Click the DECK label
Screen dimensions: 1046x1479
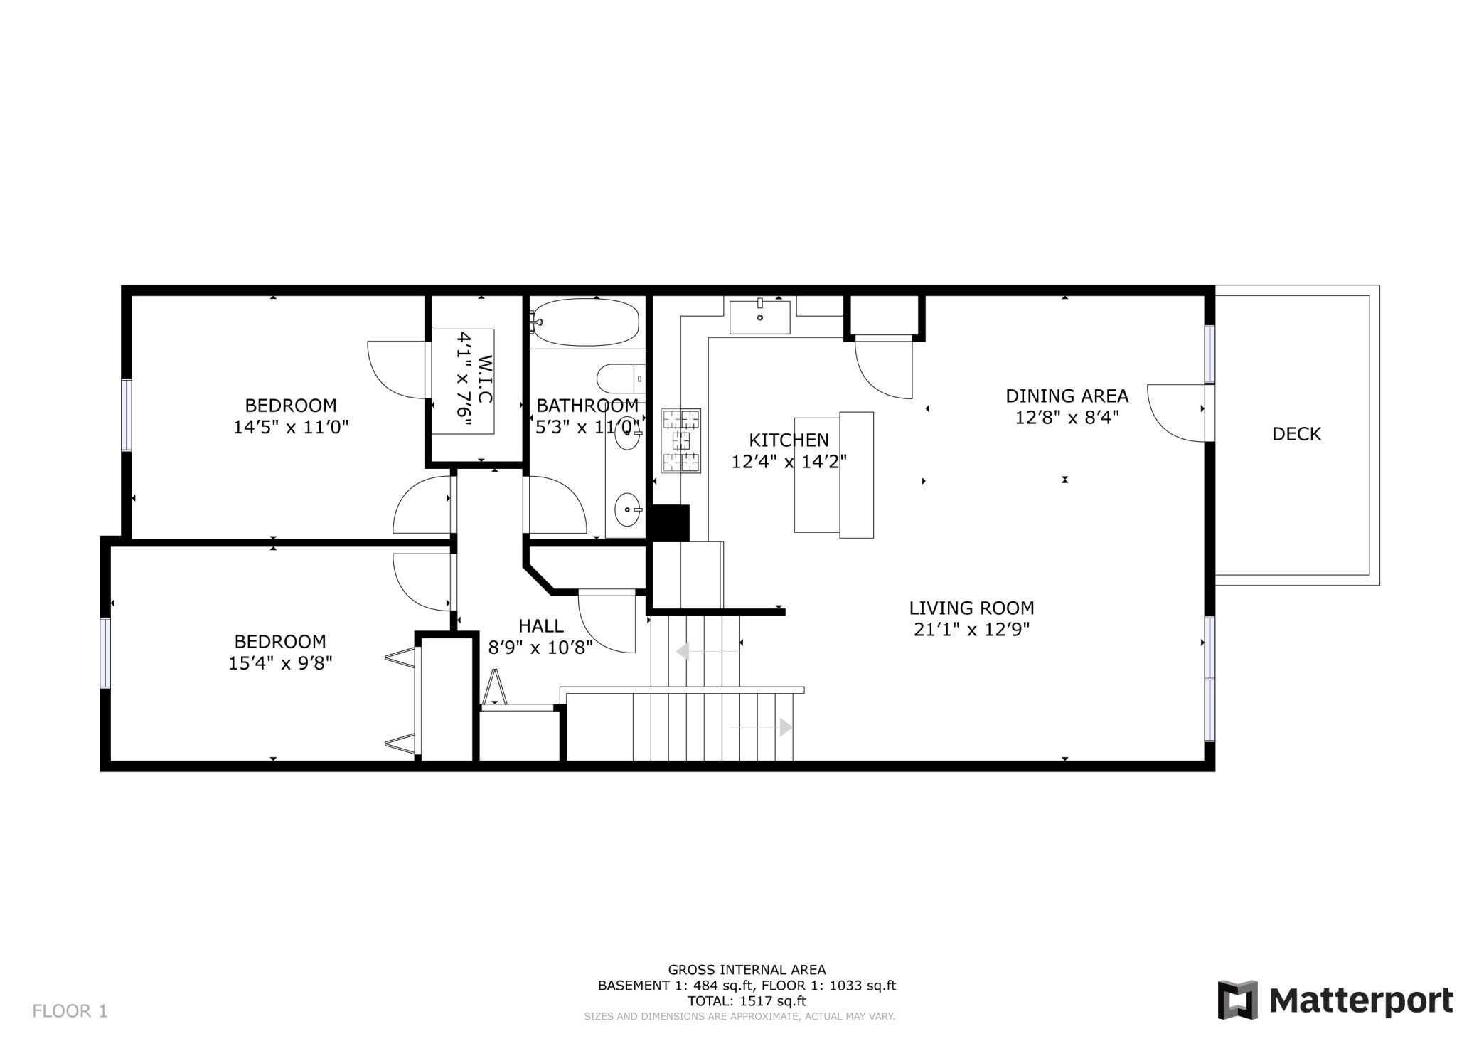(x=1296, y=434)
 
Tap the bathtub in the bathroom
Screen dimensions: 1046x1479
(x=587, y=322)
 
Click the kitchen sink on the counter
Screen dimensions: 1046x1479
(x=759, y=317)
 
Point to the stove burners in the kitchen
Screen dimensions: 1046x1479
(x=680, y=440)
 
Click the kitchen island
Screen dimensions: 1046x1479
(x=833, y=475)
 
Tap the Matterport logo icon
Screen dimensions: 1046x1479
(x=1237, y=1000)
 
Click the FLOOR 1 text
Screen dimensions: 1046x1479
(x=70, y=1010)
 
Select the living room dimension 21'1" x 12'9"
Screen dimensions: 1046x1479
(x=971, y=630)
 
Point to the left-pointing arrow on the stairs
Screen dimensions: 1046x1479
(x=683, y=651)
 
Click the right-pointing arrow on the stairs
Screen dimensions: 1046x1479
(x=785, y=727)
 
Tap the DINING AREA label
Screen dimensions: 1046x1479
(x=1066, y=396)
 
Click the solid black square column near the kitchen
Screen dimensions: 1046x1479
(x=671, y=523)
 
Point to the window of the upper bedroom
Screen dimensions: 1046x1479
(x=127, y=415)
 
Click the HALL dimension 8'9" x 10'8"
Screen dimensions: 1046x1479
(x=540, y=648)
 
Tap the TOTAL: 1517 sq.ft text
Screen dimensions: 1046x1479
(x=746, y=1001)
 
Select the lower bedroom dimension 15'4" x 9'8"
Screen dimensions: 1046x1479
(x=280, y=663)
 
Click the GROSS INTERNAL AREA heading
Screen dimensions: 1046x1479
(x=746, y=969)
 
